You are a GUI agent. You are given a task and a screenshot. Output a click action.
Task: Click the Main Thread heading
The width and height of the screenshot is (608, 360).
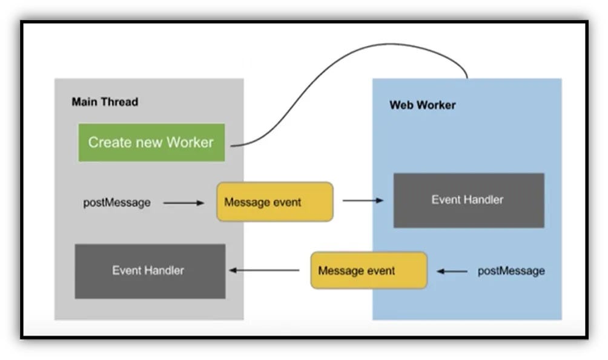click(x=105, y=102)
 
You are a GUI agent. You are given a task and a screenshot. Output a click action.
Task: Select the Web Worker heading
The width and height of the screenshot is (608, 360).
click(x=422, y=105)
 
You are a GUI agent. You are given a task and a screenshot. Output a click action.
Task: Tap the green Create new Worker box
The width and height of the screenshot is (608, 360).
click(x=151, y=142)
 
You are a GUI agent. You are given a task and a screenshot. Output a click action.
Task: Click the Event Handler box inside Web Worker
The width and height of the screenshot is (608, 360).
click(x=468, y=200)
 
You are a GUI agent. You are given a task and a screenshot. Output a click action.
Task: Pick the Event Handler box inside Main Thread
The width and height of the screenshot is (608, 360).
click(x=150, y=271)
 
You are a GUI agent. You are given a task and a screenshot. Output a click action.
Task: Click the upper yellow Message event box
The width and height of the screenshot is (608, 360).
click(x=275, y=202)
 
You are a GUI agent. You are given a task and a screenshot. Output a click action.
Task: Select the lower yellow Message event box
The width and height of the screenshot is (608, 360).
click(x=369, y=270)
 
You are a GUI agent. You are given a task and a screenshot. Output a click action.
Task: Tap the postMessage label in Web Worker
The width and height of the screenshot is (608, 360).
click(x=511, y=271)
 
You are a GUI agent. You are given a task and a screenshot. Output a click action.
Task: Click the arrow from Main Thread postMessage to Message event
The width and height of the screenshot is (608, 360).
click(x=183, y=203)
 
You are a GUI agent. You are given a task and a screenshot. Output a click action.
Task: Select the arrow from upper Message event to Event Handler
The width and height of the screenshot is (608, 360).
click(x=363, y=200)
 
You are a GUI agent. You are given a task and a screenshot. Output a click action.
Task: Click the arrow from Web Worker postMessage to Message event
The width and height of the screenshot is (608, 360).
click(x=452, y=271)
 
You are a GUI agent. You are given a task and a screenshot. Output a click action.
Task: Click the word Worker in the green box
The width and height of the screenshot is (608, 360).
click(x=190, y=142)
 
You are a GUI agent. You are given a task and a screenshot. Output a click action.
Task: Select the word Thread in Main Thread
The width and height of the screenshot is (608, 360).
click(x=119, y=102)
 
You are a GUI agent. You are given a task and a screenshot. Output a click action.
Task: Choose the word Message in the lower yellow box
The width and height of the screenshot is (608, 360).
click(x=341, y=270)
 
